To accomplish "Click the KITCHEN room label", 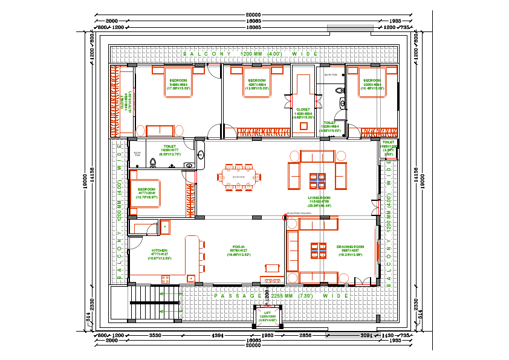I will (x=160, y=250).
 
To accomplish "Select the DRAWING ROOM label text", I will (x=350, y=247).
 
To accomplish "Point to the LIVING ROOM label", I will (x=319, y=197).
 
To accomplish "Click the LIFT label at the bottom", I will (x=267, y=313).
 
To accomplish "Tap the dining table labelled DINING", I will (x=239, y=177).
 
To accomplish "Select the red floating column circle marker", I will (x=286, y=216).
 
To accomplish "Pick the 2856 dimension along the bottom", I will (x=305, y=335).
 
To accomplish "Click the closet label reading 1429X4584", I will (x=303, y=113).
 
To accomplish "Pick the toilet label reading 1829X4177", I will (x=169, y=146).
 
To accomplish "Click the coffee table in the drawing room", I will (x=317, y=249).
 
